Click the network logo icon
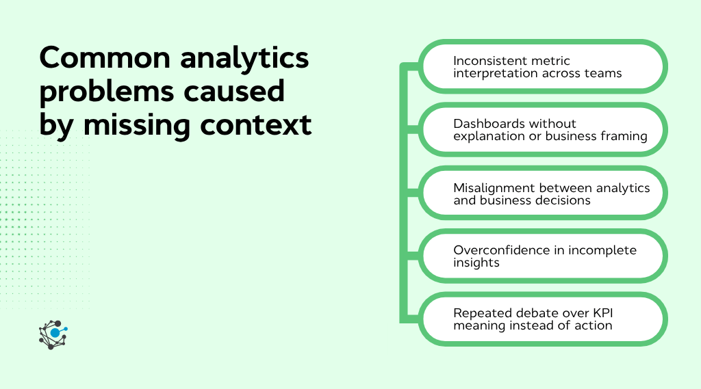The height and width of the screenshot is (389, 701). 54,334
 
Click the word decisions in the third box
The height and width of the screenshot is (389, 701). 563,200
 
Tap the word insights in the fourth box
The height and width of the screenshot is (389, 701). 476,263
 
